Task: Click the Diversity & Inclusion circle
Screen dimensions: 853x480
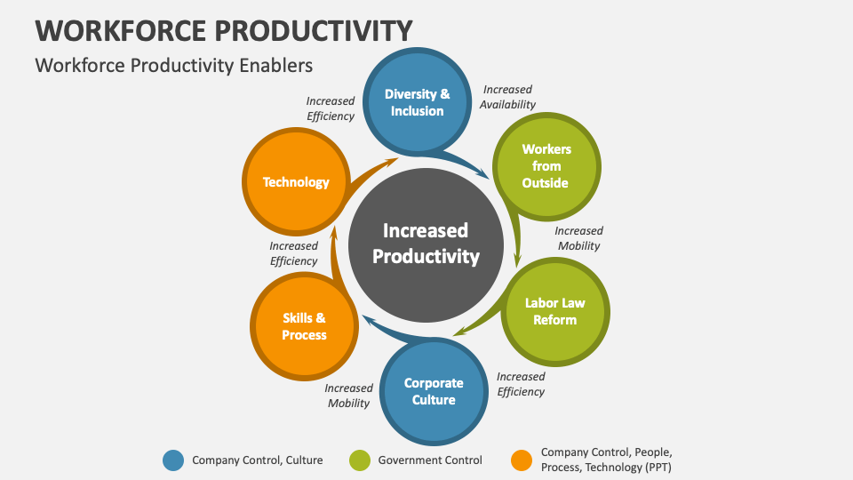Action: tap(418, 101)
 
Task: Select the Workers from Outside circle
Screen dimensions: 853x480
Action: tap(546, 166)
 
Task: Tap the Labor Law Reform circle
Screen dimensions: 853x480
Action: tap(554, 311)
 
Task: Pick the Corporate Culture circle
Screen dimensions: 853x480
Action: tap(434, 391)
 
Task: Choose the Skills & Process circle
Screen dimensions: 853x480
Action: tap(304, 326)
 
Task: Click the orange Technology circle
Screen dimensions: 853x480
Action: tap(296, 181)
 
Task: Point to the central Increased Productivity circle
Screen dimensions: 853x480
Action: tap(426, 245)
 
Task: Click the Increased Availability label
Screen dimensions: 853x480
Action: tap(507, 97)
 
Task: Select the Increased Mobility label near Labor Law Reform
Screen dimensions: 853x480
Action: tap(578, 238)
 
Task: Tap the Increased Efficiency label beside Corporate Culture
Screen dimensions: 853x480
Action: tap(521, 384)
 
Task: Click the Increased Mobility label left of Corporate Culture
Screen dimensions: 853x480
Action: tap(348, 396)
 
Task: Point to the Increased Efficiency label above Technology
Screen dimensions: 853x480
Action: tap(331, 108)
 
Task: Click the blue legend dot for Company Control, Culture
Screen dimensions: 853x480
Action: tap(173, 460)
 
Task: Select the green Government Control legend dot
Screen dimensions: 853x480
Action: tap(360, 460)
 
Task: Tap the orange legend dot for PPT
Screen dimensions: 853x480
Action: tap(522, 460)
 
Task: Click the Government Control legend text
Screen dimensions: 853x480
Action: tap(430, 460)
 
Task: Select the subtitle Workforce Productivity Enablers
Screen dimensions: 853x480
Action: tap(174, 66)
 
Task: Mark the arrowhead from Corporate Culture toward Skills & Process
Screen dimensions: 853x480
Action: tap(370, 321)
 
